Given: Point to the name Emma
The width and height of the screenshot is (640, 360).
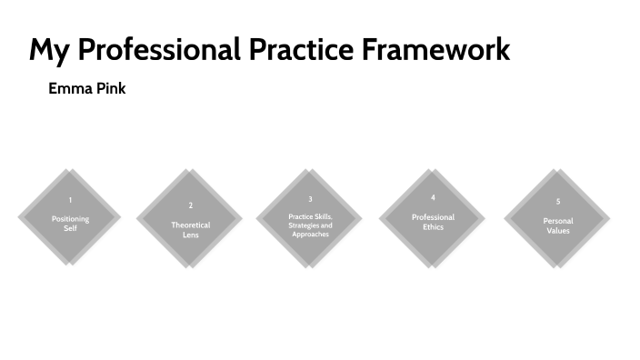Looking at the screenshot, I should click(68, 90).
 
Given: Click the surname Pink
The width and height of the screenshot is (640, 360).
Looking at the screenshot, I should click(109, 90).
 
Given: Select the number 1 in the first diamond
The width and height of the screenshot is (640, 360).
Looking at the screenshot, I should click(70, 200).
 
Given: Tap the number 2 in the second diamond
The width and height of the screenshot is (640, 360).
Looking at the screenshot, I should click(190, 205).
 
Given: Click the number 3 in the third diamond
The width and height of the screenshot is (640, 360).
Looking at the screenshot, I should click(310, 199).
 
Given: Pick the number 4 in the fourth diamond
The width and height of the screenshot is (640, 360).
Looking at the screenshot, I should click(433, 197).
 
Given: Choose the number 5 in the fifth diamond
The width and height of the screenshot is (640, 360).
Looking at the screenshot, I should click(557, 201).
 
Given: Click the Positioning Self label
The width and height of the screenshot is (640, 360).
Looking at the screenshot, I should click(70, 224).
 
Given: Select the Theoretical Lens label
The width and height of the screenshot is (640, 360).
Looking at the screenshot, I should click(190, 230).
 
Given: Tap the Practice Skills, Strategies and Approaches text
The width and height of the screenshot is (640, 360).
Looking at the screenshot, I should click(310, 225).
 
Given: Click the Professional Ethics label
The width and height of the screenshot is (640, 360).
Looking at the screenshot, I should click(433, 222).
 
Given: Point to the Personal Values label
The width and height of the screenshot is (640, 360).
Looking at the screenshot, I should click(557, 225).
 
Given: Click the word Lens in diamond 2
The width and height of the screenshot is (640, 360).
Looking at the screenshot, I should click(190, 235).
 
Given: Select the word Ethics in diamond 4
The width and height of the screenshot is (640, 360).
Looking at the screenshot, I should click(433, 227).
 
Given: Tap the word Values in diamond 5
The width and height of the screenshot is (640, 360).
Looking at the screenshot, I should click(557, 231).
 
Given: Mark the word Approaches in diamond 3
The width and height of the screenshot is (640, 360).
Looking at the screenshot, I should click(310, 235).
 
